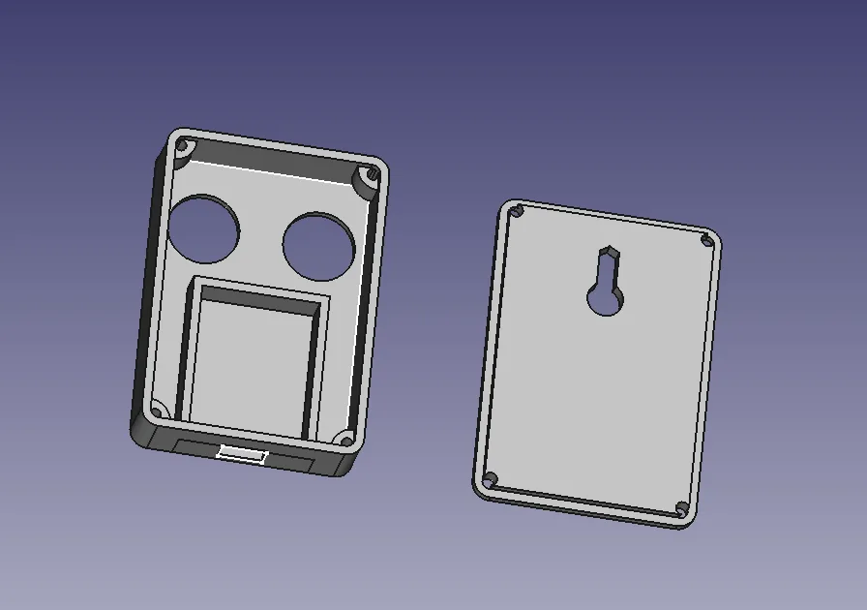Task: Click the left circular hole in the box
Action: click(x=204, y=229)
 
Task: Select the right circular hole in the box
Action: click(x=319, y=247)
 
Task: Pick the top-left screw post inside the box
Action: click(x=183, y=149)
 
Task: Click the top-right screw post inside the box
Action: click(x=368, y=177)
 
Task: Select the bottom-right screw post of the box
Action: click(x=344, y=440)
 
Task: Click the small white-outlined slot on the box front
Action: click(x=242, y=453)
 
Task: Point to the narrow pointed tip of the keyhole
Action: click(x=610, y=253)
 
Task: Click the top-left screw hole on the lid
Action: click(x=516, y=210)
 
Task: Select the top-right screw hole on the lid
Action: click(x=708, y=239)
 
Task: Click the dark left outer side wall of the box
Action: click(x=146, y=290)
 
